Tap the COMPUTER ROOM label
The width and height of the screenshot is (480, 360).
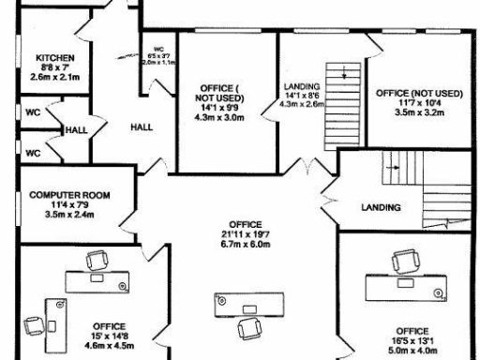point(69,195)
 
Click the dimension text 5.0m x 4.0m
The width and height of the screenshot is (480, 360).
point(412,352)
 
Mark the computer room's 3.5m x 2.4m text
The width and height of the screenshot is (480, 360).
point(69,214)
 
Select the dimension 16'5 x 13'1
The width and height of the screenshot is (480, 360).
point(412,342)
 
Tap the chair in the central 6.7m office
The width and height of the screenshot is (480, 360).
point(250,327)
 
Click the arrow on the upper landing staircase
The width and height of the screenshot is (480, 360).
point(345,74)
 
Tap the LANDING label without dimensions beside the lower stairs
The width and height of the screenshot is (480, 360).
point(381,207)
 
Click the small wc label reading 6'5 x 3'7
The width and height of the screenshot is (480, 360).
point(157,52)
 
